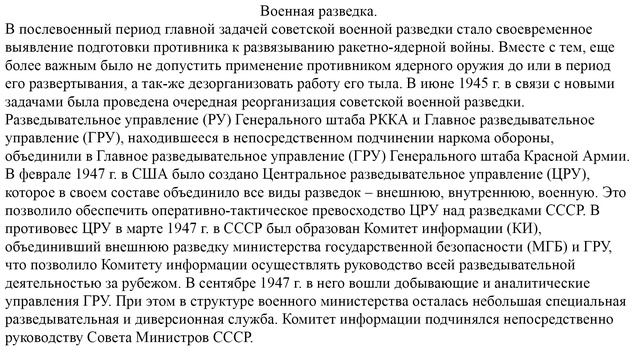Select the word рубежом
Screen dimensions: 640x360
point(151,283)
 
